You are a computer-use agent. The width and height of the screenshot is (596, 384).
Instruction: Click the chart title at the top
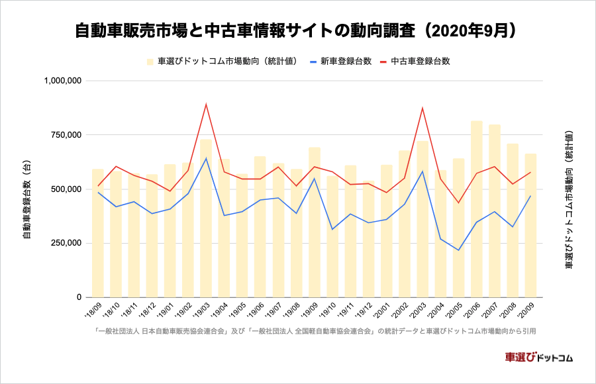(x=297, y=31)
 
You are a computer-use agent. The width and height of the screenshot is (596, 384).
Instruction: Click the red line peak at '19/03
(x=206, y=104)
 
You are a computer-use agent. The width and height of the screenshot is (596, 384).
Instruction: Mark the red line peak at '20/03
(x=422, y=108)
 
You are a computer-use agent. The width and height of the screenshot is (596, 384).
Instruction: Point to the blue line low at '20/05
(x=458, y=250)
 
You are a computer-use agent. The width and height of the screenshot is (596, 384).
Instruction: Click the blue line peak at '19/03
(x=206, y=158)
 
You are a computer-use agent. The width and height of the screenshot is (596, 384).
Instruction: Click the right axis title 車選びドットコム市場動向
(x=568, y=199)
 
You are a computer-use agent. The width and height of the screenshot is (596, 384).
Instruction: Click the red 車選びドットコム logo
(x=538, y=357)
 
